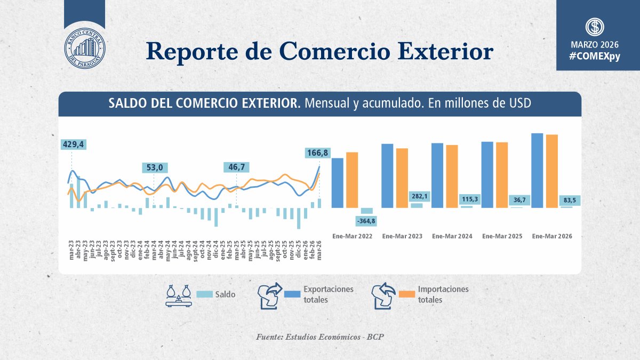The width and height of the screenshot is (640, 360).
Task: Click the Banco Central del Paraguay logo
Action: pyautogui.click(x=84, y=50)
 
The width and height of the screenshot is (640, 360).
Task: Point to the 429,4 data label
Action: pyautogui.click(x=74, y=145)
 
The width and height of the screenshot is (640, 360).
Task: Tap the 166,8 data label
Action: pyautogui.click(x=318, y=153)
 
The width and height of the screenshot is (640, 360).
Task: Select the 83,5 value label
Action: pyautogui.click(x=566, y=200)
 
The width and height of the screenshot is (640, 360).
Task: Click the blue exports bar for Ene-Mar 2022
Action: pyautogui.click(x=338, y=182)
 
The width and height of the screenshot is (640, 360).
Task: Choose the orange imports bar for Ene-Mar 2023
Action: pyautogui.click(x=402, y=178)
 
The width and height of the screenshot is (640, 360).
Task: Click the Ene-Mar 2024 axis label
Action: pyautogui.click(x=452, y=236)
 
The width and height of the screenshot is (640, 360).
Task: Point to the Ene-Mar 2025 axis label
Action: pyautogui.click(x=502, y=236)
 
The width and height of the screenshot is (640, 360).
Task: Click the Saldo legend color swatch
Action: pyautogui.click(x=205, y=294)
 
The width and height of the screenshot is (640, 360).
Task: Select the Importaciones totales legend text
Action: pyautogui.click(x=443, y=294)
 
